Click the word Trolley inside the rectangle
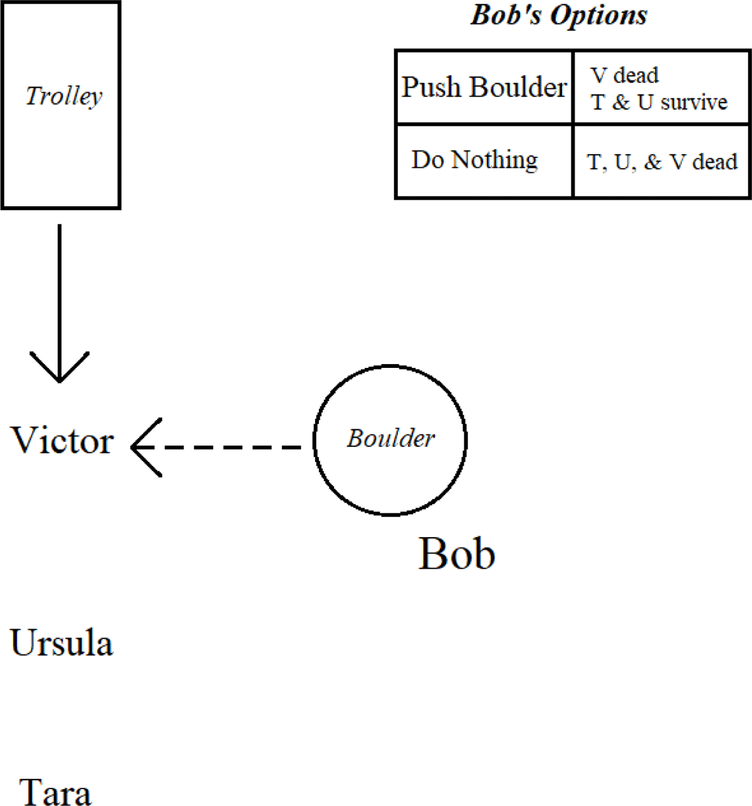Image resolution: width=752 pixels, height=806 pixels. point(64,97)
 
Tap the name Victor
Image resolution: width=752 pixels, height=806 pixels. point(63,441)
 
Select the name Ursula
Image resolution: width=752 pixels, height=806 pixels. point(61,643)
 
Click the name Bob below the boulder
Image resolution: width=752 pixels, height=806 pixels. point(457,554)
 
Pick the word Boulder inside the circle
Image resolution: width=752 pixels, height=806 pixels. point(390,439)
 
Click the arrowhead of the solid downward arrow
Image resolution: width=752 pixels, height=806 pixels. point(60,370)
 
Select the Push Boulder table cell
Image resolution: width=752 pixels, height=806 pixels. point(484,87)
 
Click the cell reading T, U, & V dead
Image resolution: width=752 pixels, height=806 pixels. point(662,162)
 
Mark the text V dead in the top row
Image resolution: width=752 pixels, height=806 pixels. point(625,76)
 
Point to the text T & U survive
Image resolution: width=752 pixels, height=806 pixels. point(659,102)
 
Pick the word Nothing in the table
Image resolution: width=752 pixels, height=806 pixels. point(494,160)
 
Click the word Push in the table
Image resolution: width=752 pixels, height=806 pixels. point(432,87)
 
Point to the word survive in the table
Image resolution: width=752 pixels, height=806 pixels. point(694,102)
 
